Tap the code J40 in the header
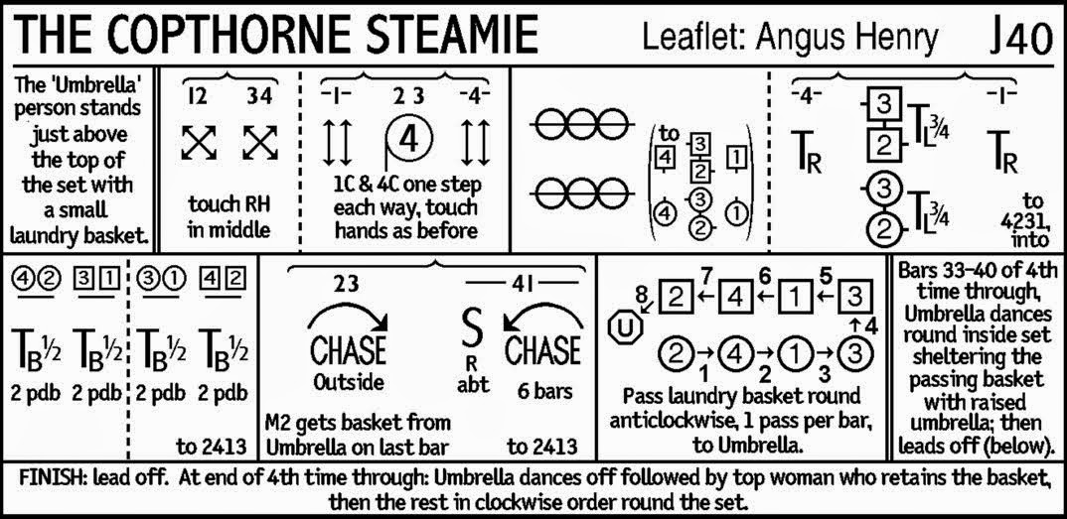1019,38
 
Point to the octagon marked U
627,328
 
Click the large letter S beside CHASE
473,329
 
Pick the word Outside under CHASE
349,382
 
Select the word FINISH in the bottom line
58,477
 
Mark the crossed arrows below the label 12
199,143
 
